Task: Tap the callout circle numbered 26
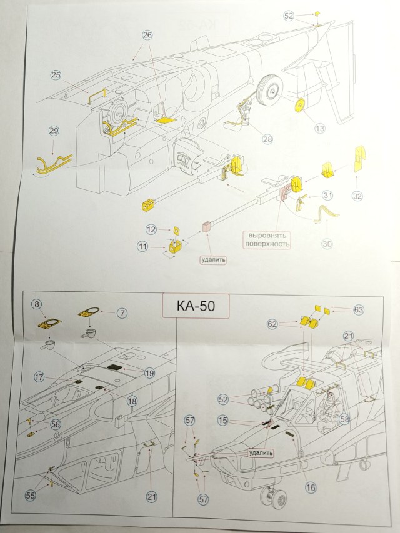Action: click(x=147, y=36)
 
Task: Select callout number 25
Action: click(x=56, y=75)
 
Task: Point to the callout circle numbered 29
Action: click(x=54, y=131)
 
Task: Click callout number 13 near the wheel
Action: click(x=320, y=128)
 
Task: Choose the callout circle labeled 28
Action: click(x=267, y=139)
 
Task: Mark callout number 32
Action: click(x=357, y=196)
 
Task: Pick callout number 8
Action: click(x=37, y=304)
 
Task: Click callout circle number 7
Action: click(x=122, y=311)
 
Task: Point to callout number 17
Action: click(x=39, y=377)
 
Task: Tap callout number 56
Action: click(x=56, y=424)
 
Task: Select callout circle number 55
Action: click(x=30, y=495)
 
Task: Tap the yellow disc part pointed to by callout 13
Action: click(x=300, y=106)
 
